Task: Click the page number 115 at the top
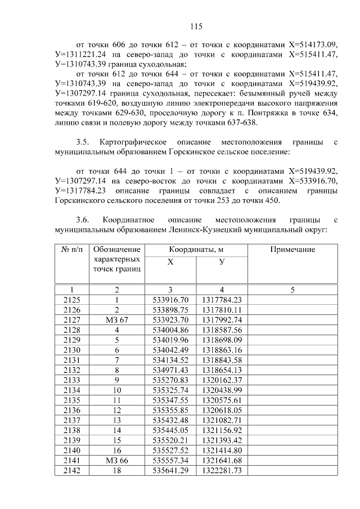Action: click(196, 26)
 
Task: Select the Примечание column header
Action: click(292, 249)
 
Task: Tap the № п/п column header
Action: click(71, 249)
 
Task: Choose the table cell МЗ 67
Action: click(117, 319)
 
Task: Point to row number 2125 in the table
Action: click(71, 300)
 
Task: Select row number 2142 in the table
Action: click(71, 471)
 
